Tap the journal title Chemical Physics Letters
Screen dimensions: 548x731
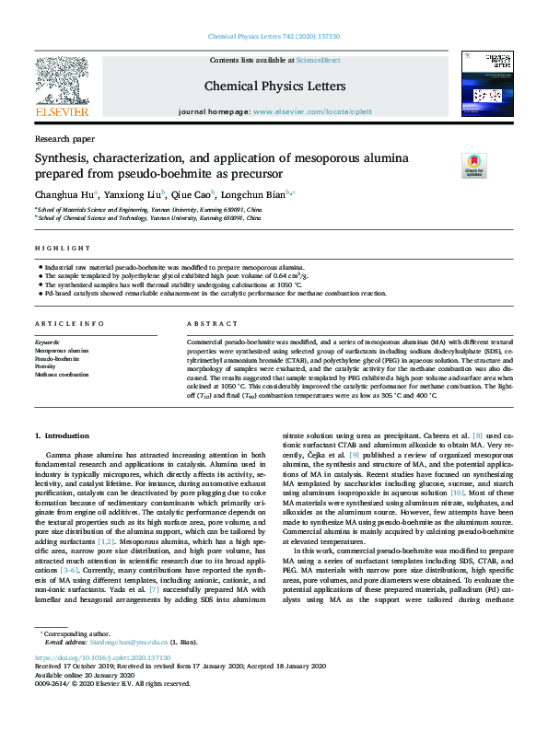[x=274, y=87]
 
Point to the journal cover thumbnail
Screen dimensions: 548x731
[x=487, y=85]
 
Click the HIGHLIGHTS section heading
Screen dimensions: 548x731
[x=58, y=249]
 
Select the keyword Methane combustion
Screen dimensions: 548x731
[x=63, y=375]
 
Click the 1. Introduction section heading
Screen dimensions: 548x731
[x=63, y=434]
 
